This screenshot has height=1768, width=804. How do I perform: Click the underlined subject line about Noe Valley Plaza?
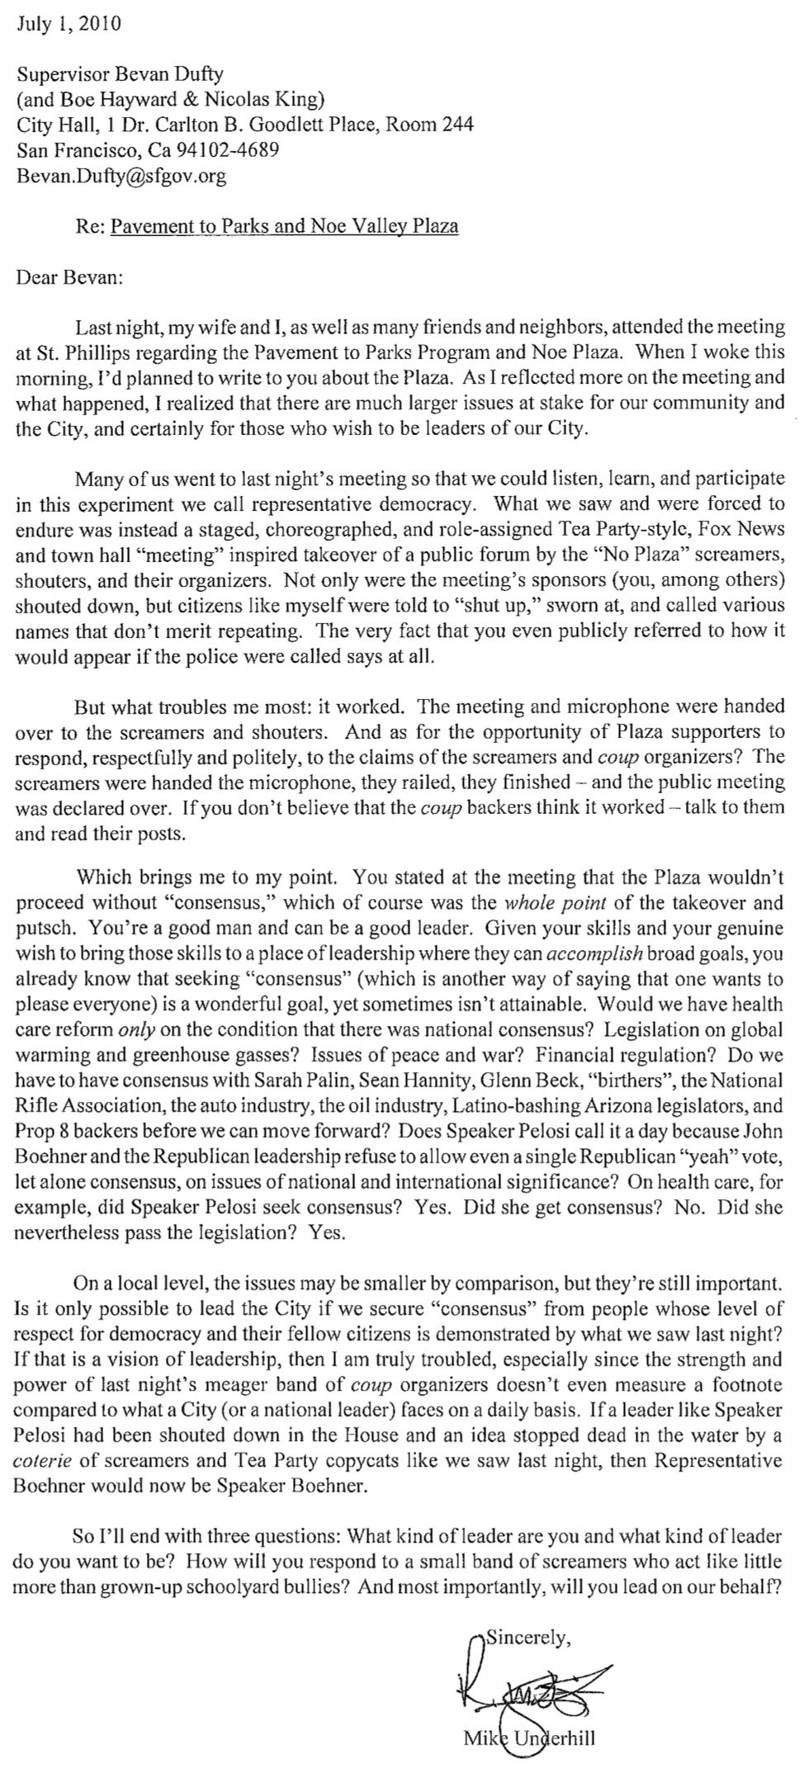[284, 226]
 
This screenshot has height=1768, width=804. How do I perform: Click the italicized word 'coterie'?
[45, 1460]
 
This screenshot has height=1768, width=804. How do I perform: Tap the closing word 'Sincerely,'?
[528, 1638]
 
